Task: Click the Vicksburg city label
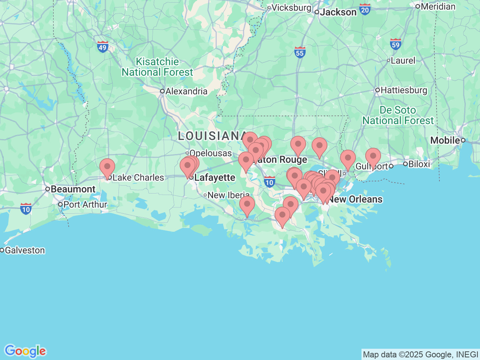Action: point(291,7)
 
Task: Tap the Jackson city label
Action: point(338,12)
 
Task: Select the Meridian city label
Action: point(438,6)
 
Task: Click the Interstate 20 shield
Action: point(364,9)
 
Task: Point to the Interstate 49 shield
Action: point(102,47)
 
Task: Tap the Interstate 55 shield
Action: point(300,52)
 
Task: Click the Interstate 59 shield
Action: point(395,44)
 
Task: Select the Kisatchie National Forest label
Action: point(157,67)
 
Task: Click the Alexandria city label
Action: point(186,91)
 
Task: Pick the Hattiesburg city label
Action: point(403,90)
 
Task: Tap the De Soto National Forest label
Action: point(397,115)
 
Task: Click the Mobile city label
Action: point(445,140)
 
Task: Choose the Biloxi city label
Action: point(419,164)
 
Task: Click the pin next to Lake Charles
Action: point(107,168)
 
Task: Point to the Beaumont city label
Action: point(73,189)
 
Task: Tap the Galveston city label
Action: point(25,250)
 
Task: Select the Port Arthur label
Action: point(85,204)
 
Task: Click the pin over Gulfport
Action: point(373,157)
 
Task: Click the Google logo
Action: point(25,351)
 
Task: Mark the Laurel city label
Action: point(403,60)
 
